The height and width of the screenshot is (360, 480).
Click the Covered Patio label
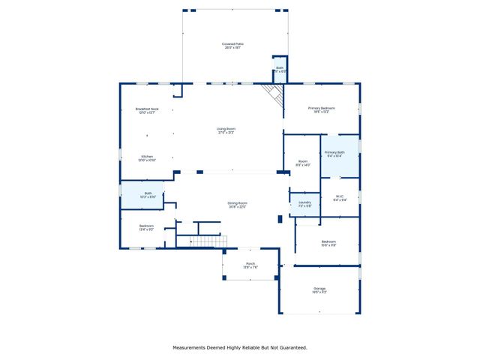pyautogui.click(x=233, y=44)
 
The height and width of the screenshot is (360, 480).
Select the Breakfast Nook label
pyautogui.click(x=147, y=109)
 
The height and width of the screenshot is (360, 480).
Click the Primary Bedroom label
pyautogui.click(x=322, y=109)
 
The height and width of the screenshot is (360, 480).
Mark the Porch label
pyautogui.click(x=250, y=264)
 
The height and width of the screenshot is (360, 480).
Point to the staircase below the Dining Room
pyautogui.click(x=207, y=241)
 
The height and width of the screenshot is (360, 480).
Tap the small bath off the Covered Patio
pyautogui.click(x=280, y=68)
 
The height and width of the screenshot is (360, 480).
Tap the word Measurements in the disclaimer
pyautogui.click(x=193, y=347)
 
